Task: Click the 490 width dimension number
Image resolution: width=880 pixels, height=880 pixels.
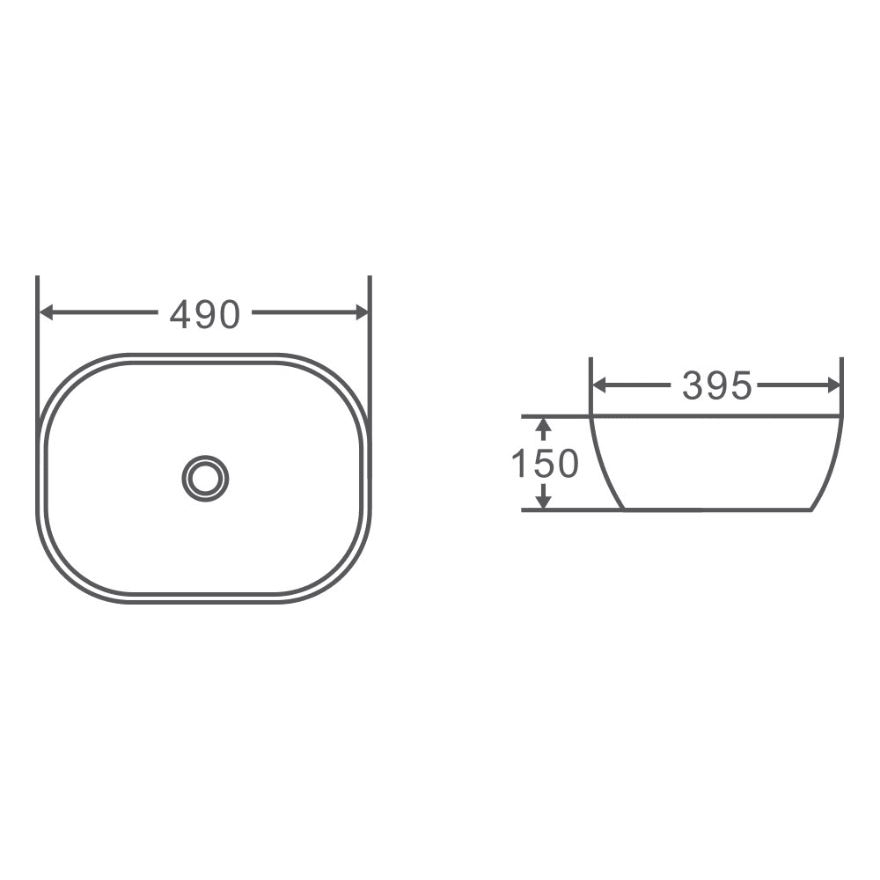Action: (204, 314)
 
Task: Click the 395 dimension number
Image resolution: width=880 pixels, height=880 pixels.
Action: (717, 385)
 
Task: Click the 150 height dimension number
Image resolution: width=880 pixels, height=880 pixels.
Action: (545, 464)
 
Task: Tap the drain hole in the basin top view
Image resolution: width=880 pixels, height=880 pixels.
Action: (205, 479)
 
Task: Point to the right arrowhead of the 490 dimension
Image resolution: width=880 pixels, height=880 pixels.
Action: (361, 312)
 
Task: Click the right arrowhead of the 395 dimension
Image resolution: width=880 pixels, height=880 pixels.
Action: (833, 385)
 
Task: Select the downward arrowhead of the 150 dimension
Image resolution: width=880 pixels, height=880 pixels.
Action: (544, 501)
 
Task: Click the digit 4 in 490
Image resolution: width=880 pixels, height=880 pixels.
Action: (180, 314)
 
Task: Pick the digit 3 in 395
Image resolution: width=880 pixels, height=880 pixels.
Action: (693, 385)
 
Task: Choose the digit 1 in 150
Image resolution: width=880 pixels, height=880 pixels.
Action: (519, 464)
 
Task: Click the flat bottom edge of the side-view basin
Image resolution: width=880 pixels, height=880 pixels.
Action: (717, 510)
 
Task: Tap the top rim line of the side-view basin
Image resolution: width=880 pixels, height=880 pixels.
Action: (717, 415)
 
